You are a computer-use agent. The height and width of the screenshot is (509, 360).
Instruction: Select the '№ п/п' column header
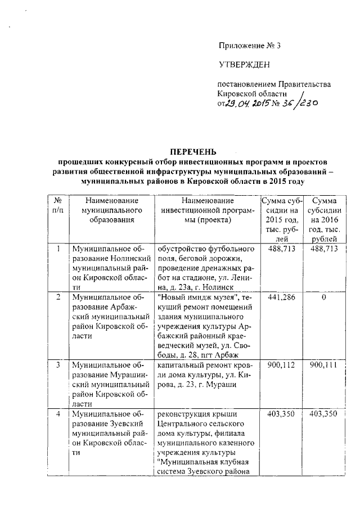[57, 205]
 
